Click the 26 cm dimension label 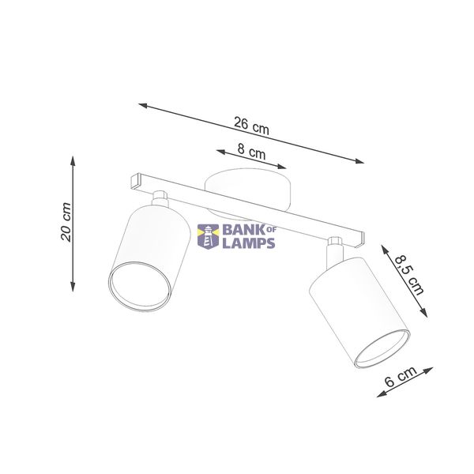pyautogui.click(x=251, y=126)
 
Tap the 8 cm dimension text pyautogui.click(x=251, y=152)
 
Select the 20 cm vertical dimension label pyautogui.click(x=66, y=222)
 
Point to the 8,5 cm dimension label pyautogui.click(x=409, y=275)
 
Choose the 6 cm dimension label pyautogui.click(x=401, y=376)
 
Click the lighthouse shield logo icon pyautogui.click(x=208, y=236)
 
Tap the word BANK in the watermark pyautogui.click(x=243, y=230)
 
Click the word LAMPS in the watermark pyautogui.click(x=249, y=243)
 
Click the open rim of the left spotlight pyautogui.click(x=140, y=286)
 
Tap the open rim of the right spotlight pyautogui.click(x=382, y=348)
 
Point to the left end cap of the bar pyautogui.click(x=137, y=181)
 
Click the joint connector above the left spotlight pyautogui.click(x=160, y=198)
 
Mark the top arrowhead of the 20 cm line pyautogui.click(x=73, y=161)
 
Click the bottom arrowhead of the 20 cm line pyautogui.click(x=73, y=287)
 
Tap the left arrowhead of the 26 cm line pyautogui.click(x=143, y=106)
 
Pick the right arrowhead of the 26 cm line pyautogui.click(x=359, y=161)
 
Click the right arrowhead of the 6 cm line pyautogui.click(x=429, y=371)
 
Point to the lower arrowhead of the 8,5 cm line pyautogui.click(x=424, y=313)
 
